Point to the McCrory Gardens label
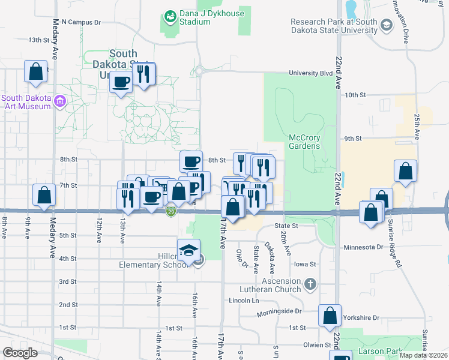pyautogui.click(x=305, y=142)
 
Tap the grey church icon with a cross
pyautogui.click(x=310, y=283)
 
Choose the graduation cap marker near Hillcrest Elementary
pyautogui.click(x=188, y=250)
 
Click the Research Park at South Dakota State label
pyautogui.click(x=334, y=26)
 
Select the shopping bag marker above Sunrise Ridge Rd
pyautogui.click(x=406, y=171)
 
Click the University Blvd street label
pyautogui.click(x=310, y=73)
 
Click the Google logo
pyautogui.click(x=20, y=353)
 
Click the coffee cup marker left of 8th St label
pyautogui.click(x=191, y=161)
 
